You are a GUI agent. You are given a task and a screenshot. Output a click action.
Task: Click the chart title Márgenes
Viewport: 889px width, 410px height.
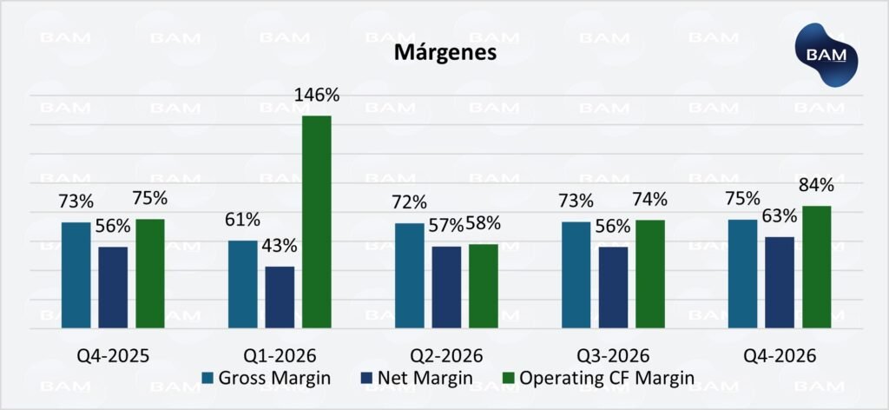point(444,52)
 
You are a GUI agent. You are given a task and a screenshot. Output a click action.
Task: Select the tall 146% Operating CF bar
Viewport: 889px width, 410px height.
point(317,222)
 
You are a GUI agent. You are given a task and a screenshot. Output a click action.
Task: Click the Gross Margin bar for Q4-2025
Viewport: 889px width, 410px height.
point(76,275)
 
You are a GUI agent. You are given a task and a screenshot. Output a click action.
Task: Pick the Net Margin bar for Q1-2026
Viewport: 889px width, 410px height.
point(280,297)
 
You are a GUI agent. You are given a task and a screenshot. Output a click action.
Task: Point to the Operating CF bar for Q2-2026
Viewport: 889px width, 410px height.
point(484,287)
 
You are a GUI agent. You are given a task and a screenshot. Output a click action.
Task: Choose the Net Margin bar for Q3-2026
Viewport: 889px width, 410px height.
point(613,288)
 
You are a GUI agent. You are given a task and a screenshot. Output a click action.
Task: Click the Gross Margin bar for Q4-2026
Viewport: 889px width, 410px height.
point(742,274)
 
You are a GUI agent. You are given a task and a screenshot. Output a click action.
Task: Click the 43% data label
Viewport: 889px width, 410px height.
point(280,247)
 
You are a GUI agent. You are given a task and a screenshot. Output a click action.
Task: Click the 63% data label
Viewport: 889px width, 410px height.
point(780,216)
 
